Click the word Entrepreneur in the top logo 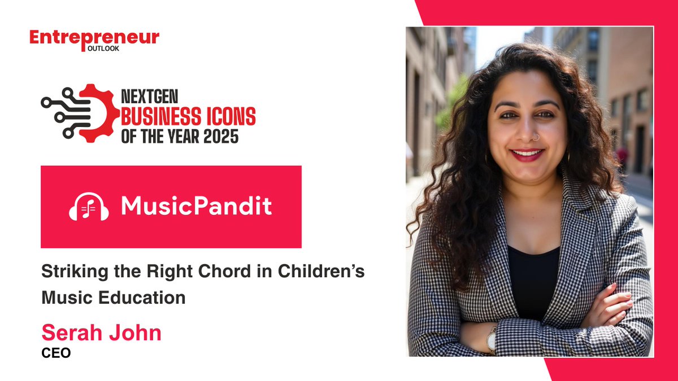(x=94, y=38)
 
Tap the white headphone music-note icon (x=89, y=207)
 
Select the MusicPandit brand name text (x=196, y=207)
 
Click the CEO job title (x=56, y=354)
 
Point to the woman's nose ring (x=535, y=137)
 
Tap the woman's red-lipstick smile (x=527, y=154)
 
